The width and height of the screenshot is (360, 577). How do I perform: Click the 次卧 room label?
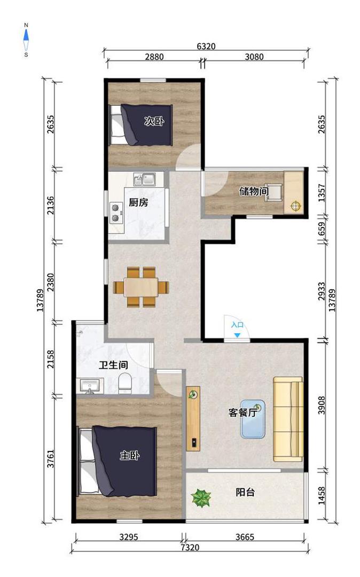pyautogui.click(x=154, y=121)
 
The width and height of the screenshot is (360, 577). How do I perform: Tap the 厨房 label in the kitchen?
pyautogui.click(x=138, y=202)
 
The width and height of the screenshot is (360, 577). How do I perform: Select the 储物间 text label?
pyautogui.click(x=254, y=191)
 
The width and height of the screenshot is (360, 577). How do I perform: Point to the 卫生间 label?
pyautogui.click(x=114, y=365)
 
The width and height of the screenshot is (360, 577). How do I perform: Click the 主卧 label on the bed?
pyautogui.click(x=130, y=455)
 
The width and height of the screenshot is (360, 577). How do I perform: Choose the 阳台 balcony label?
pyautogui.click(x=245, y=492)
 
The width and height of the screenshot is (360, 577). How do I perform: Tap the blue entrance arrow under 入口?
pyautogui.click(x=238, y=335)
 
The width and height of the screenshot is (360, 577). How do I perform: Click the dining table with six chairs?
pyautogui.click(x=141, y=287)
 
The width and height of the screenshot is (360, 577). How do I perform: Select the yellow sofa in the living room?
pyautogui.click(x=288, y=419)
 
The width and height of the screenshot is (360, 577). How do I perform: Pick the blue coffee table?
pyautogui.click(x=253, y=419)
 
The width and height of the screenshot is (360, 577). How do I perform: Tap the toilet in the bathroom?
pyautogui.click(x=125, y=383)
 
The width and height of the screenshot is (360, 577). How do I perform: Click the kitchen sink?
pyautogui.click(x=145, y=179)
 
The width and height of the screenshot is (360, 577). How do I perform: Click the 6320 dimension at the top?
pyautogui.click(x=206, y=46)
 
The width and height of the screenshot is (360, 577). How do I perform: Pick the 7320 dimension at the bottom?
pyautogui.click(x=190, y=547)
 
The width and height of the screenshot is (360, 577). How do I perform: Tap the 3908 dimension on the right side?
pyautogui.click(x=322, y=405)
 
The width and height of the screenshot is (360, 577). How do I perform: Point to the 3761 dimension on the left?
pyautogui.click(x=50, y=458)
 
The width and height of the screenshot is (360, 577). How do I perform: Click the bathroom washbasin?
pyautogui.click(x=90, y=386)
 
